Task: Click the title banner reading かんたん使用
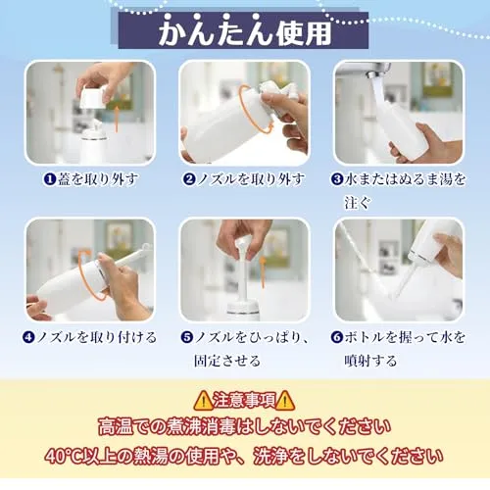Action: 243,30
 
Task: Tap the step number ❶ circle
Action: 50,179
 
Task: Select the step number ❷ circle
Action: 189,179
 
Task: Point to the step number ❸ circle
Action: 337,179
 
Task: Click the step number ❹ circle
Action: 28,337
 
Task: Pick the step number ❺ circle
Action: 187,337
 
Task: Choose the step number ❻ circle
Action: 337,337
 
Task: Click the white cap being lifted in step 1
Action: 94,97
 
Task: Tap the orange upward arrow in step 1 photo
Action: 117,118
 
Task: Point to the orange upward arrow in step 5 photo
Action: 263,271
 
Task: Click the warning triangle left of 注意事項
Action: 203,400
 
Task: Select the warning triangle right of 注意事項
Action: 285,400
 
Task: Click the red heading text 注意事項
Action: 244,400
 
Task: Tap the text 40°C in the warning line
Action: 64,456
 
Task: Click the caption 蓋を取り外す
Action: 98,179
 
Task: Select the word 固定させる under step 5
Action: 227,361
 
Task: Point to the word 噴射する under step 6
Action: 370,361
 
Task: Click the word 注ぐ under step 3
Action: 358,203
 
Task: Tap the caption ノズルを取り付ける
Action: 97,337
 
